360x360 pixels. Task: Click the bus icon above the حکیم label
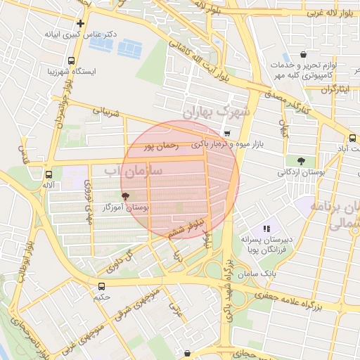[102, 286]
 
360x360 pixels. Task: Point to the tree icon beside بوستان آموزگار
[126, 197]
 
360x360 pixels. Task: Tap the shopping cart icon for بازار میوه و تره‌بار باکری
[226, 133]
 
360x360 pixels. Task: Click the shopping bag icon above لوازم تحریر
[303, 55]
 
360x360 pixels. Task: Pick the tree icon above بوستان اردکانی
[301, 161]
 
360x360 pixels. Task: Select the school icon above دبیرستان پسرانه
[266, 229]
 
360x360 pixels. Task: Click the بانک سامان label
[259, 273]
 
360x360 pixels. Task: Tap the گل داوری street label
[120, 262]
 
